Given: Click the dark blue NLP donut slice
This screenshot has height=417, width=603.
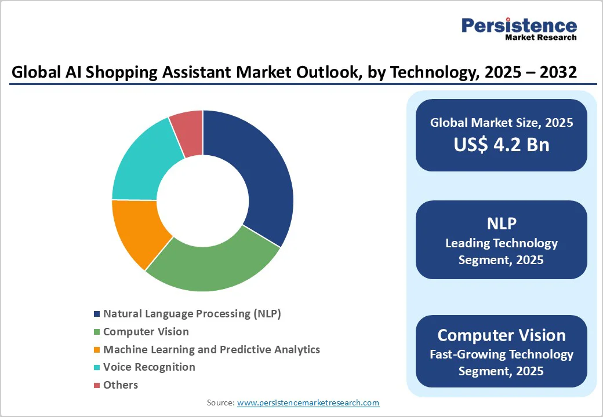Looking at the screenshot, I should pyautogui.click(x=258, y=174).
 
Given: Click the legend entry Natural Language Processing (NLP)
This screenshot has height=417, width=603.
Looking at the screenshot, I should pyautogui.click(x=191, y=314).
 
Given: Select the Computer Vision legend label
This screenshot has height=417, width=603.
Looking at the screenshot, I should pyautogui.click(x=146, y=332).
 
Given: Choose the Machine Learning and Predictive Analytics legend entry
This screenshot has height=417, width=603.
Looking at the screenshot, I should pyautogui.click(x=211, y=349).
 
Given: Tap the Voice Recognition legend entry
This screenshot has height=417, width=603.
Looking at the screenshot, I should pyautogui.click(x=149, y=367).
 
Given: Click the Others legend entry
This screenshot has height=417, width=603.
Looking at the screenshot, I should pyautogui.click(x=121, y=385).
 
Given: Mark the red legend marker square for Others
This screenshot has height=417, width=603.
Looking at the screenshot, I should pyautogui.click(x=96, y=385).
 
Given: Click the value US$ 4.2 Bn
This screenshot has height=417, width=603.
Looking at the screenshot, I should pyautogui.click(x=501, y=144).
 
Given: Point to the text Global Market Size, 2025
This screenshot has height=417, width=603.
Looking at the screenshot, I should pyautogui.click(x=501, y=122).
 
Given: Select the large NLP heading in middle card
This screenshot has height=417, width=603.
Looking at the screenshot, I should pyautogui.click(x=501, y=223).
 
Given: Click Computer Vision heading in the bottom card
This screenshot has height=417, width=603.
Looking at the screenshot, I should pyautogui.click(x=501, y=335).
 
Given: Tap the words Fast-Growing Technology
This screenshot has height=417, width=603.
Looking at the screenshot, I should pyautogui.click(x=501, y=354).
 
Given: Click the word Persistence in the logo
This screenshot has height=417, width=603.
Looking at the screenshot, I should pyautogui.click(x=519, y=25).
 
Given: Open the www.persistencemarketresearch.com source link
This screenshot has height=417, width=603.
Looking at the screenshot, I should pyautogui.click(x=308, y=403).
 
